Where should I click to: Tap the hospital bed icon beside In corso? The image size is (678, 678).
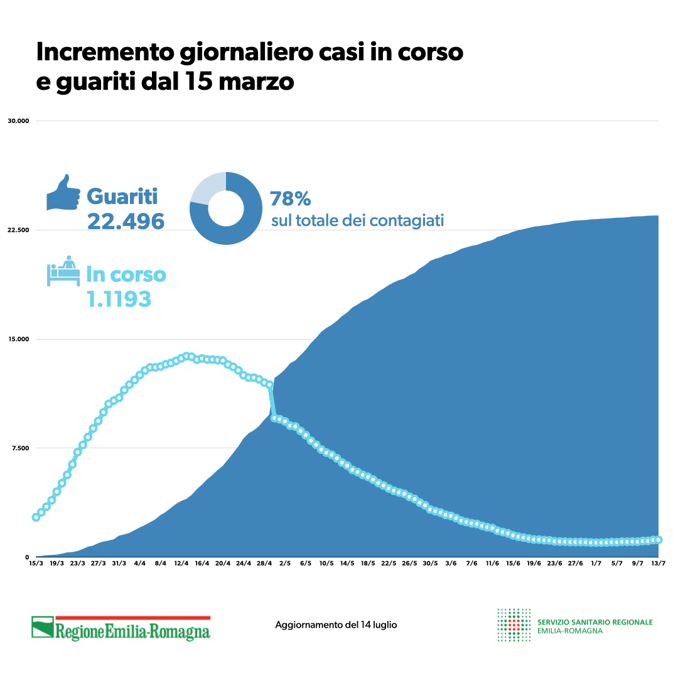(63, 271)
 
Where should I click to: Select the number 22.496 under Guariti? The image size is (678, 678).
(126, 221)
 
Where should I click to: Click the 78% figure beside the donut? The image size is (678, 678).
(290, 199)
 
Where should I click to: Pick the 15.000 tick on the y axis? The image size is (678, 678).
(19, 339)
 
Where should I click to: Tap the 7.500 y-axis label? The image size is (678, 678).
(20, 448)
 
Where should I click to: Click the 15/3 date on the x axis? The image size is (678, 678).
(36, 563)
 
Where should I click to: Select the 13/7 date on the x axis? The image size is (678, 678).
(658, 563)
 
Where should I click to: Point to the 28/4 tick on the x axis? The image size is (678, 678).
(264, 563)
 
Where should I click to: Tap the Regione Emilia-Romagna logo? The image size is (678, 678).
(121, 628)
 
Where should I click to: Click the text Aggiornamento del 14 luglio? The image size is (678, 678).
(336, 625)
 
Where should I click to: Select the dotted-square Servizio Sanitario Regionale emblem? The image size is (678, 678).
(514, 625)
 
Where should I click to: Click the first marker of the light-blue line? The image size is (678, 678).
(36, 517)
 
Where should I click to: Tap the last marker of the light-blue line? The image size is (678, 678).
(658, 539)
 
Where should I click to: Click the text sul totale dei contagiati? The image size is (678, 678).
(357, 221)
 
